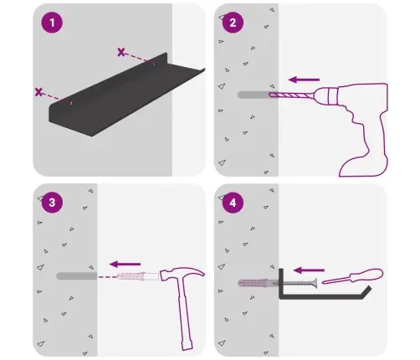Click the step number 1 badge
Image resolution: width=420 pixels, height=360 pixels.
tap(52, 23)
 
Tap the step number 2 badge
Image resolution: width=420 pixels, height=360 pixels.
tap(233, 23)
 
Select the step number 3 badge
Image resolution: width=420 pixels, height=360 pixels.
tap(52, 203)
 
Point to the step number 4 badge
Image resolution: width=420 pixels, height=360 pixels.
tap(233, 203)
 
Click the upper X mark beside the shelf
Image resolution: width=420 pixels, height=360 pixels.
tap(121, 52)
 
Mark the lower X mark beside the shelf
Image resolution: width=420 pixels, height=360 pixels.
tap(38, 92)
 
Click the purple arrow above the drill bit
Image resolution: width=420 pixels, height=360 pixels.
tap(304, 80)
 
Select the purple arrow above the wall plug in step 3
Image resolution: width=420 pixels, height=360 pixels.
tap(125, 264)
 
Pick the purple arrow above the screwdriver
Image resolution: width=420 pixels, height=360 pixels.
tap(309, 270)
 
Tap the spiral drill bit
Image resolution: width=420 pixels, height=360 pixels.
tap(292, 95)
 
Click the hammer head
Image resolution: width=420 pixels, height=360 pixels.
tap(182, 274)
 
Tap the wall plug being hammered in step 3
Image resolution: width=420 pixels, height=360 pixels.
tap(138, 276)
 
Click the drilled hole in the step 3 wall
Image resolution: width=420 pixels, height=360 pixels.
tap(77, 276)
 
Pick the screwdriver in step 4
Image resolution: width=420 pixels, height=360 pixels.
tap(353, 276)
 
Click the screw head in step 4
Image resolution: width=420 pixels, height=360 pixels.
tap(315, 284)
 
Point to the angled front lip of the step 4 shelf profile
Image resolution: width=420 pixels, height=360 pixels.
tap(366, 292)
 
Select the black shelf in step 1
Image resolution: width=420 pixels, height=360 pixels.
tap(127, 95)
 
